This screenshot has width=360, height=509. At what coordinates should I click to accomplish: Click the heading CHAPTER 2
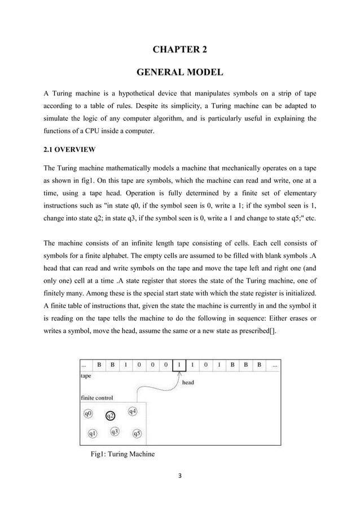click(180, 50)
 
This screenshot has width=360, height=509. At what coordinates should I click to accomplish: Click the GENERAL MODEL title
click(180, 73)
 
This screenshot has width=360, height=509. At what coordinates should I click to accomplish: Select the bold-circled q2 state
click(111, 416)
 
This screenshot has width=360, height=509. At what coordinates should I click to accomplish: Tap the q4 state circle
click(133, 411)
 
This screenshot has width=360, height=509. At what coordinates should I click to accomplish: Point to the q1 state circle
click(93, 433)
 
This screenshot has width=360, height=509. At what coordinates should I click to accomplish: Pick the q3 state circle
click(115, 432)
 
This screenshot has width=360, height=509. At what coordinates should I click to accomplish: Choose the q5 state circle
click(137, 433)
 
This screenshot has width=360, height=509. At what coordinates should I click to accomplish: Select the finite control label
click(96, 397)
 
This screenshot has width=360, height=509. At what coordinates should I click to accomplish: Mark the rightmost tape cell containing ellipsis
click(275, 365)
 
